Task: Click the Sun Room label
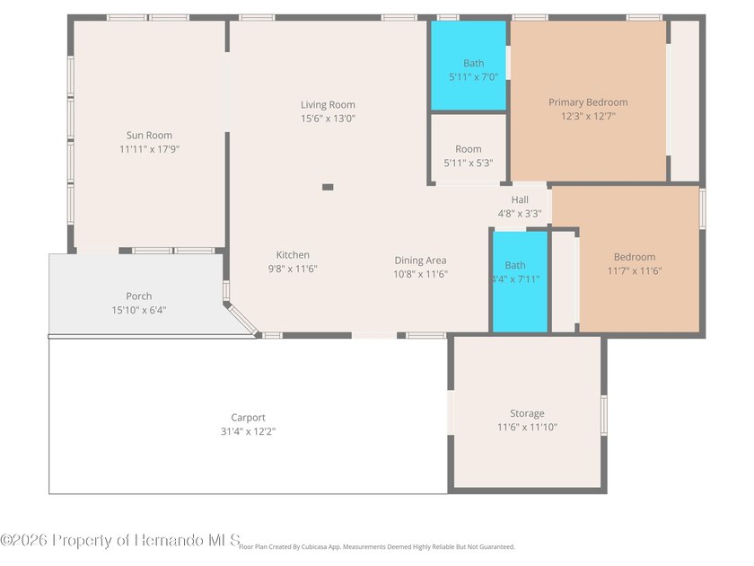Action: pos(149,136)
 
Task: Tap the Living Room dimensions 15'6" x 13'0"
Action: pos(328,119)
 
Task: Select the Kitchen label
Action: pos(293,255)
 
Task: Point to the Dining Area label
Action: pos(420,261)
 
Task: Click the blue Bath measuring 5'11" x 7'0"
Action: pos(469,66)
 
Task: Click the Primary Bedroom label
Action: pos(588,102)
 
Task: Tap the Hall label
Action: pos(520,199)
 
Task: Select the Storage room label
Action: pos(527,413)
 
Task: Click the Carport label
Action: pos(248,418)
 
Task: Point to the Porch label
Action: pos(139,296)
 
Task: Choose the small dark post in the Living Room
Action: pos(328,187)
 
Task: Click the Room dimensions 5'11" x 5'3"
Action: pos(469,164)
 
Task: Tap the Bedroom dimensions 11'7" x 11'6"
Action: pos(635,271)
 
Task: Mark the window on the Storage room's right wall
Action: pos(604,415)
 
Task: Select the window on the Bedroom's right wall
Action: pos(703,208)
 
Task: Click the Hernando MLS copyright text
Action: pos(120,540)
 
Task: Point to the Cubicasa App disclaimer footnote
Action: pos(377,547)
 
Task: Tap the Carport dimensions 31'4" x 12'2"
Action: pos(248,432)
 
